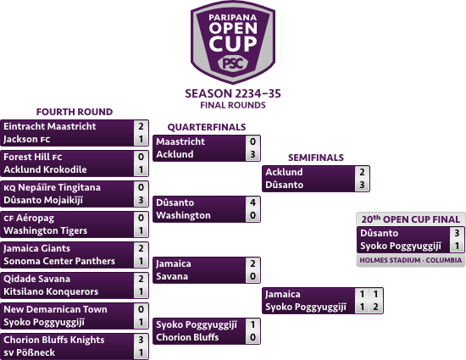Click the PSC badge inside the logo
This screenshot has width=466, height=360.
coord(233,64)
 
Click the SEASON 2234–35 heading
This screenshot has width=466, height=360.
coord(233,93)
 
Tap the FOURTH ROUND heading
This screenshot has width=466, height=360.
coord(75,112)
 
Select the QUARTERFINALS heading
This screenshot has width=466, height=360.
coord(207,127)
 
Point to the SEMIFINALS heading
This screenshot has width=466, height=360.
coord(316,158)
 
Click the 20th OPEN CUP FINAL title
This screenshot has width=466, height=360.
coord(411,219)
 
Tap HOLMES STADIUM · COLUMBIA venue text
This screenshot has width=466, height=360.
coord(411,260)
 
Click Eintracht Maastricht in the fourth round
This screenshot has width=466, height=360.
coord(50,126)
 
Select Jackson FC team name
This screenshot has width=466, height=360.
coord(27,139)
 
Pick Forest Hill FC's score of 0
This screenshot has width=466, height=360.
coord(141,157)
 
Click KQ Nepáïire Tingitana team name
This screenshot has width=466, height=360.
coord(52,187)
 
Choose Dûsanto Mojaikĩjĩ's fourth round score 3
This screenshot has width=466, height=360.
coord(141,200)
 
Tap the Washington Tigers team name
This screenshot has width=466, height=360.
coord(45,230)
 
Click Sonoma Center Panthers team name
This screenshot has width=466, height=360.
coord(59,261)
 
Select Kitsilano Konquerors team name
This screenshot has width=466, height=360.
coord(51,291)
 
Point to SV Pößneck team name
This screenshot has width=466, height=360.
coord(29,352)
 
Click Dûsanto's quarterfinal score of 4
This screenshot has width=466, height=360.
coord(252,202)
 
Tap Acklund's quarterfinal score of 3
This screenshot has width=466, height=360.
coord(252,154)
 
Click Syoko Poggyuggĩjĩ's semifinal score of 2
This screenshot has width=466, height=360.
coord(375,307)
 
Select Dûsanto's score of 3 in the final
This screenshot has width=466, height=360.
coord(457,233)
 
